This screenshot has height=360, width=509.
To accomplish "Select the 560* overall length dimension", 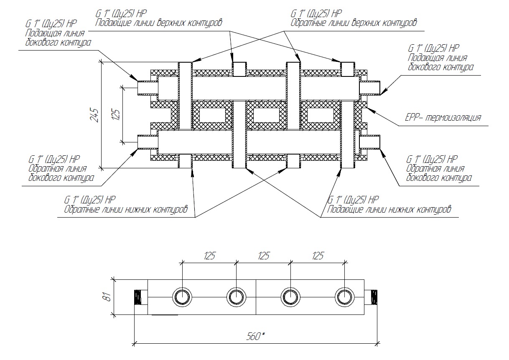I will (x=256, y=336).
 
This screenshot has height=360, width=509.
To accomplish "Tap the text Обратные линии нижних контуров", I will (x=126, y=209).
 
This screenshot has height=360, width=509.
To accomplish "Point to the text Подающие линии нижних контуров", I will (x=389, y=209).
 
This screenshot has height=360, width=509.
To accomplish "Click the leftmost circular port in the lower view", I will (x=182, y=297).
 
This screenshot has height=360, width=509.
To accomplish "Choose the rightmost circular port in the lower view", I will (x=344, y=297).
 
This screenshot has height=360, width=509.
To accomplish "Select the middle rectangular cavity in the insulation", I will (x=266, y=114).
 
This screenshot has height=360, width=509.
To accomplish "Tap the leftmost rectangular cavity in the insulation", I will (x=211, y=114).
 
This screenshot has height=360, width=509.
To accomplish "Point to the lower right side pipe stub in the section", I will (x=370, y=142).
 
